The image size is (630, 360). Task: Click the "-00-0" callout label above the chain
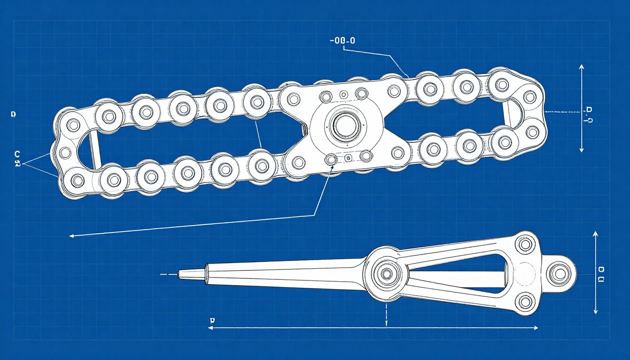[342, 41]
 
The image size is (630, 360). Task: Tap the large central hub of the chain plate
[345, 125]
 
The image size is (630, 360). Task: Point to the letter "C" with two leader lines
[17, 154]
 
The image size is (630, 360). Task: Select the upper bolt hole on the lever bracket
[525, 244]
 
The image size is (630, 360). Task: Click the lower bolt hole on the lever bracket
[525, 301]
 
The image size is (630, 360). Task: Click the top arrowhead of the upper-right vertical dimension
[581, 67]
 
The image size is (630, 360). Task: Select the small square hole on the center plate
[347, 158]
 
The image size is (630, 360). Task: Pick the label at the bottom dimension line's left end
[212, 320]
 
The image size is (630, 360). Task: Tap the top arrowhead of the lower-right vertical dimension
[595, 233]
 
